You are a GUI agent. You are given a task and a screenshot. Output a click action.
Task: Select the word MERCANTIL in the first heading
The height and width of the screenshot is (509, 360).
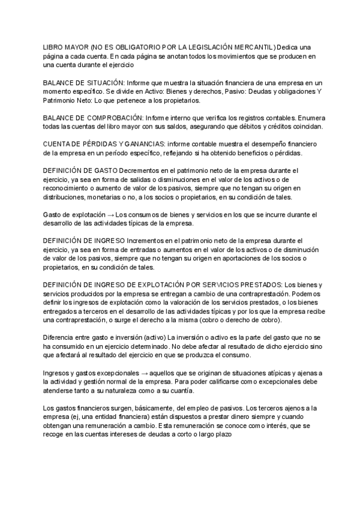point(254,47)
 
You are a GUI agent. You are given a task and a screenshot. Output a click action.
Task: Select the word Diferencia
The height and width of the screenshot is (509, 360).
point(59,337)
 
